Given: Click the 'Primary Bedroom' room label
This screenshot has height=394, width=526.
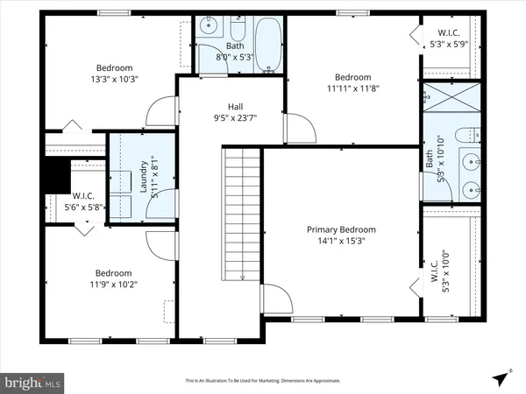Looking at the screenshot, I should (x=340, y=229).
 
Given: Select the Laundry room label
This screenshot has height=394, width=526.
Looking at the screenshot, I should (x=143, y=174).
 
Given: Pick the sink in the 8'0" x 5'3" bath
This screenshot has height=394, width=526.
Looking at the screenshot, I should (x=208, y=27).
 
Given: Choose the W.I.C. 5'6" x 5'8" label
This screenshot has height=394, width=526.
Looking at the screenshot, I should (x=84, y=201).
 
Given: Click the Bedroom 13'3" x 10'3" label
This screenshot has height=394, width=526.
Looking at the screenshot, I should (x=114, y=74).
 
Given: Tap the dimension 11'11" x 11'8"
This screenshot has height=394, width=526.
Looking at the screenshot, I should (x=352, y=88).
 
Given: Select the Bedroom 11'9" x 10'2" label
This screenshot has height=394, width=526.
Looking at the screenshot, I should (x=113, y=278).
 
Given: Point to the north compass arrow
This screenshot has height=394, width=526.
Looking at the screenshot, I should (x=501, y=377).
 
